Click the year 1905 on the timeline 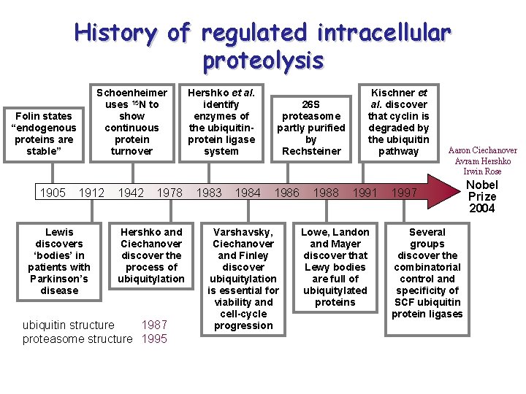52,193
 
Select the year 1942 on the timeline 131,193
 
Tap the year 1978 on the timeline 170,193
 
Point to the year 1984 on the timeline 248,193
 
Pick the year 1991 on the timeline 365,193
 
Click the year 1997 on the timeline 404,193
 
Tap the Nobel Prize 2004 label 481,197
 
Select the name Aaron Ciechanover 483,150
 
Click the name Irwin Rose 483,171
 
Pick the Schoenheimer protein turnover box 131,122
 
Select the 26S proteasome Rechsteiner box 311,128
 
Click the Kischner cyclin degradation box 398,122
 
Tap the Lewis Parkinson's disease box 59,261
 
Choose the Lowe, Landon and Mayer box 335,267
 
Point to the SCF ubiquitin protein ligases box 427,273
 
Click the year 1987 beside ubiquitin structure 154,325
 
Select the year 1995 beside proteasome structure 154,339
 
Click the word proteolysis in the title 263,61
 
